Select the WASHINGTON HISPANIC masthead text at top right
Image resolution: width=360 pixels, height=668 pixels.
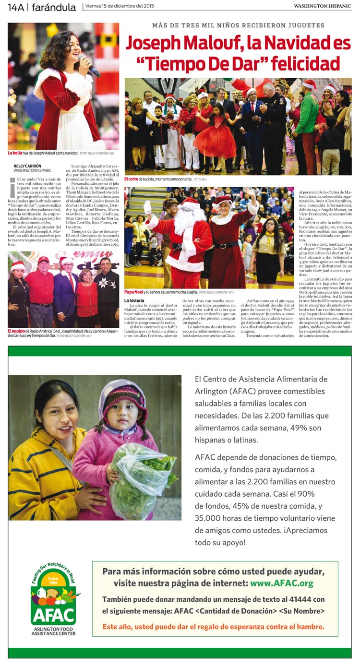[x=323, y=6]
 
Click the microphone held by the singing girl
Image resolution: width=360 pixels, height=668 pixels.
[x=91, y=66]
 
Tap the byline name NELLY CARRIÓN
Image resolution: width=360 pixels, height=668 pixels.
[x=27, y=166]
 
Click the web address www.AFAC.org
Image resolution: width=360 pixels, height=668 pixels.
[x=281, y=583]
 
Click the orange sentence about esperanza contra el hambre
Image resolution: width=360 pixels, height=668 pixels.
[x=213, y=626]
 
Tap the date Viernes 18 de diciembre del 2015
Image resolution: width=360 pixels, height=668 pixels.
[x=119, y=6]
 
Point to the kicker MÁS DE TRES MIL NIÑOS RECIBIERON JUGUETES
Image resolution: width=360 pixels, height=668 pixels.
[x=238, y=25]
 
